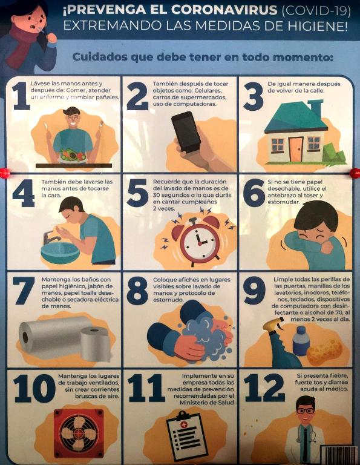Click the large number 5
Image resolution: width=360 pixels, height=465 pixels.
coord(137,193)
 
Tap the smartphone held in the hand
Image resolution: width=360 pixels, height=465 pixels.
coord(186,132)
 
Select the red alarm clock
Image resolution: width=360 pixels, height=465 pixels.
coord(199,240)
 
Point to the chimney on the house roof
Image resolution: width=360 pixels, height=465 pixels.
coord(316,108)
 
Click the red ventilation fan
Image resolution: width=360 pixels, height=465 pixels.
coord(79,434)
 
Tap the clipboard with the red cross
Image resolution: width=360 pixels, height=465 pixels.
coord(187,435)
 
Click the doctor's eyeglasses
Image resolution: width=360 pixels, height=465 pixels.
coord(305,411)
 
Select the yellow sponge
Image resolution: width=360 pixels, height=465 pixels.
coord(324,352)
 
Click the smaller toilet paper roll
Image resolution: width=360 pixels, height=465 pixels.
coord(96,344)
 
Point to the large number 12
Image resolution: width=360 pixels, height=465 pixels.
coord(264,387)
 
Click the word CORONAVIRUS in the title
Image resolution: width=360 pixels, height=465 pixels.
coord(224,11)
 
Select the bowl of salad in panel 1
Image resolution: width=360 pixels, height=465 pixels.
coord(73,156)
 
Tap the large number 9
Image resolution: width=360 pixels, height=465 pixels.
coord(254,291)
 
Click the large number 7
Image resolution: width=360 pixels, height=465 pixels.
coord(24,291)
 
